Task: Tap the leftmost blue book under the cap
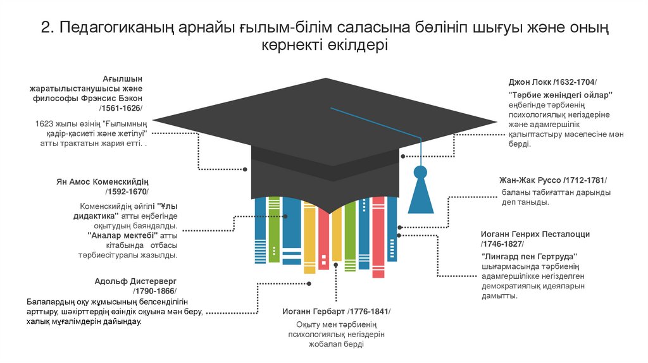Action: tap(259, 228)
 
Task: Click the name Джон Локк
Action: tap(530, 83)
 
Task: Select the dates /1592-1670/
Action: tap(128, 192)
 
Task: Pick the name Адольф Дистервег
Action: tap(135, 281)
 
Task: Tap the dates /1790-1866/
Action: tap(154, 291)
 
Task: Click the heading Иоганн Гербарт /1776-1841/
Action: tap(336, 312)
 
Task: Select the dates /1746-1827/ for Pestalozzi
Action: tap(502, 243)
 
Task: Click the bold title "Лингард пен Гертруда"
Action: tap(530, 256)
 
